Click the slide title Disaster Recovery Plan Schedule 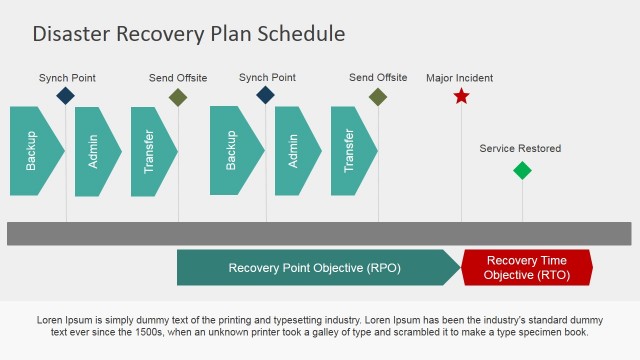pyautogui.click(x=189, y=33)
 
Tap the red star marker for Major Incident pyautogui.click(x=461, y=97)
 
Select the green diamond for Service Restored pyautogui.click(x=522, y=170)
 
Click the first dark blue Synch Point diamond pyautogui.click(x=65, y=96)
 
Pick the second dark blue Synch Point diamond pyautogui.click(x=265, y=96)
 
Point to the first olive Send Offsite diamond pyautogui.click(x=178, y=97)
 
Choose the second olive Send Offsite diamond pyautogui.click(x=378, y=97)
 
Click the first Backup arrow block pyautogui.click(x=33, y=151)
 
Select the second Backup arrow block pyautogui.click(x=233, y=151)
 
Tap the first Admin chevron pyautogui.click(x=96, y=151)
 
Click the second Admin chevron pyautogui.click(x=296, y=151)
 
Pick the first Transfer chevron pyautogui.click(x=152, y=151)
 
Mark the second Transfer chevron pyautogui.click(x=352, y=151)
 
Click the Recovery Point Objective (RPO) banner pyautogui.click(x=315, y=268)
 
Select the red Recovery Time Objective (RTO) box pyautogui.click(x=527, y=268)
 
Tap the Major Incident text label pyautogui.click(x=459, y=78)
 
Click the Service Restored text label pyautogui.click(x=520, y=149)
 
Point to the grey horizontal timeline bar pyautogui.click(x=319, y=233)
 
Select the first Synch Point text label pyautogui.click(x=67, y=77)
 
